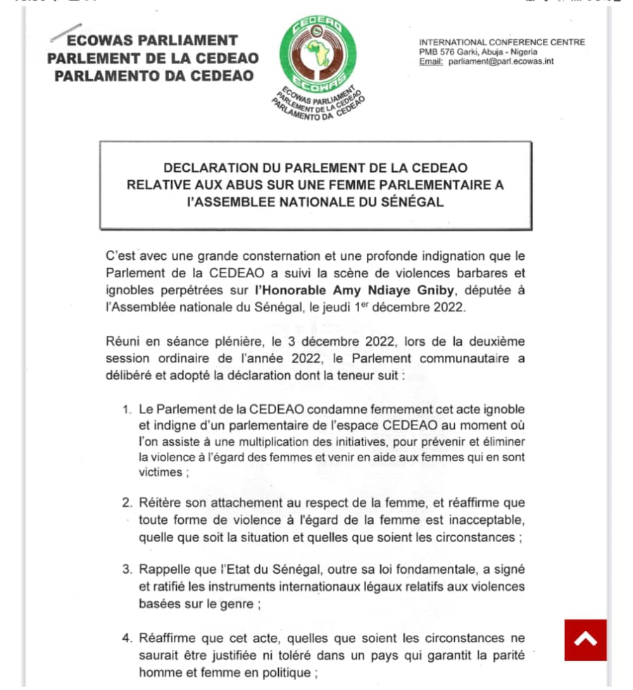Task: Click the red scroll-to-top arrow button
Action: tap(585, 640)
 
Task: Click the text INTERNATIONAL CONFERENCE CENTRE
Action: tap(502, 42)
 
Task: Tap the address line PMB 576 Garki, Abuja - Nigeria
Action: tap(478, 51)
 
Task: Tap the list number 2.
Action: tap(127, 504)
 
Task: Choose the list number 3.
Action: tap(127, 569)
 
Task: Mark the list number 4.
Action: tap(127, 639)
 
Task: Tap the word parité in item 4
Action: tap(505, 655)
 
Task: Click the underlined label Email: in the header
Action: tap(431, 61)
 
